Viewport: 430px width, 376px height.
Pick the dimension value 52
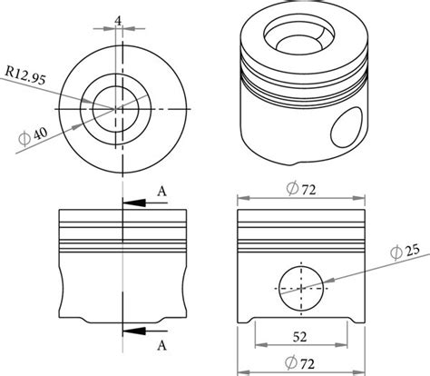point(301,336)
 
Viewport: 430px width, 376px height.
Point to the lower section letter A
point(161,345)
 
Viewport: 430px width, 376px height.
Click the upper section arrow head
point(129,203)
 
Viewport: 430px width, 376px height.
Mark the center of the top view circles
point(116,109)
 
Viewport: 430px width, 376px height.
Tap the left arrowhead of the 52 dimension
point(259,346)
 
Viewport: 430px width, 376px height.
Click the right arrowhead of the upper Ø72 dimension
point(359,197)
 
